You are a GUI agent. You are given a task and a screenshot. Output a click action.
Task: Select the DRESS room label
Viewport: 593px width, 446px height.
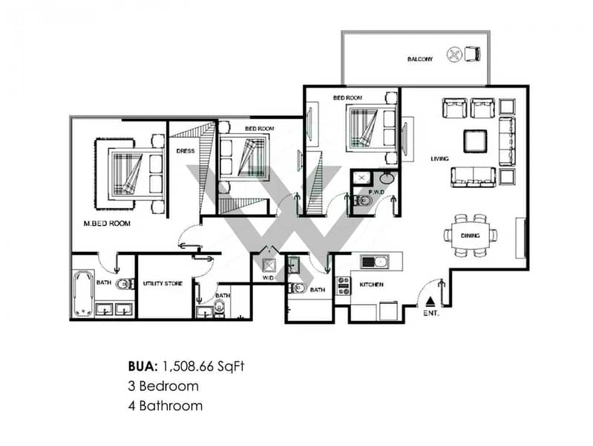pos(185,150)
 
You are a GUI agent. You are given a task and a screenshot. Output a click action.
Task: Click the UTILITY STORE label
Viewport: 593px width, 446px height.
pos(163,283)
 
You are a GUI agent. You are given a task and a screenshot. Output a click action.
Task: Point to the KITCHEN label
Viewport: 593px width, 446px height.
pos(371,284)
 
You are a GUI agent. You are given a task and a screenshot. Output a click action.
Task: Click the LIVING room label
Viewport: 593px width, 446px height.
pos(442,159)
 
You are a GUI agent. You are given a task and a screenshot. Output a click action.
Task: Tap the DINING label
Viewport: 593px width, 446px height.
pos(470,235)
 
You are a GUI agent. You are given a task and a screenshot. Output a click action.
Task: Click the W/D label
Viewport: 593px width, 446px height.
pos(268,279)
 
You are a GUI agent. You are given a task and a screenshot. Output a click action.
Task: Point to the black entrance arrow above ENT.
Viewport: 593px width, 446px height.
pos(432,302)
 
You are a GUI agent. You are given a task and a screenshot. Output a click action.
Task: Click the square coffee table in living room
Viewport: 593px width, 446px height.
pos(476,140)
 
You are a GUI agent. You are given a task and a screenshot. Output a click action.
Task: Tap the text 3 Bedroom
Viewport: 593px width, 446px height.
pos(162,386)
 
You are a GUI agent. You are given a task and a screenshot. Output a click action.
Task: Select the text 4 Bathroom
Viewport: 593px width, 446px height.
pos(164,406)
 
